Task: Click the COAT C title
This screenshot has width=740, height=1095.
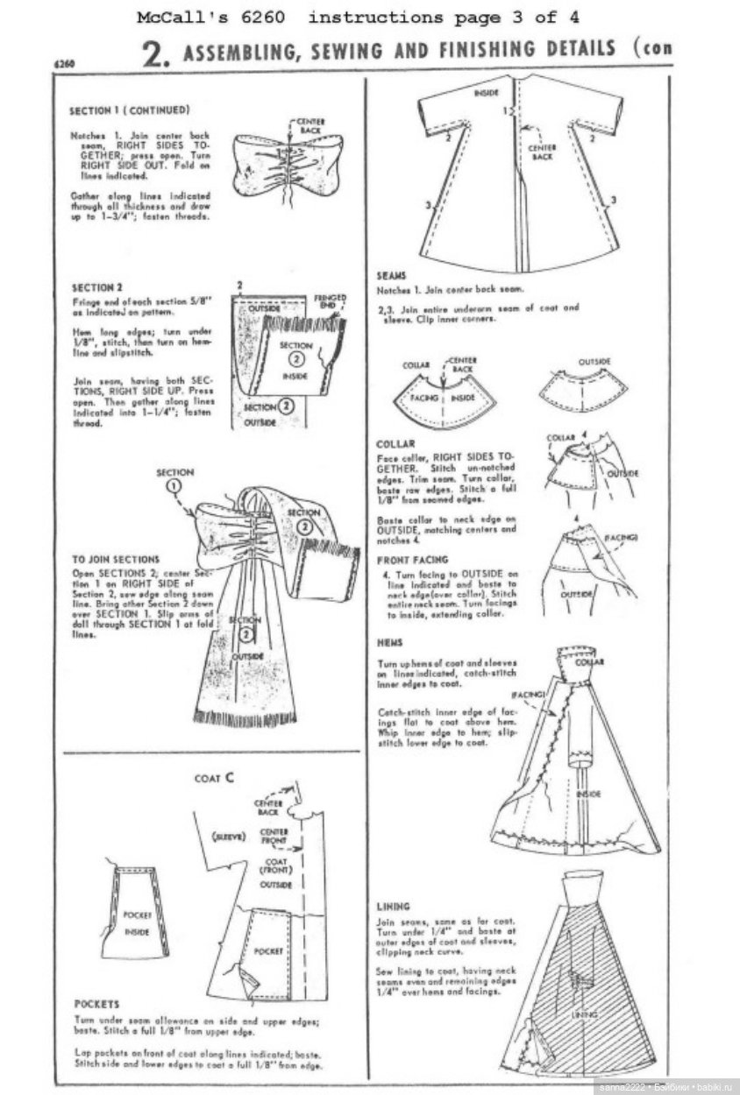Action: click(213, 777)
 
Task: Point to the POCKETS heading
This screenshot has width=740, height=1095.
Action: click(96, 1004)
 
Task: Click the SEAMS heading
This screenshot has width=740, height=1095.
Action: click(391, 275)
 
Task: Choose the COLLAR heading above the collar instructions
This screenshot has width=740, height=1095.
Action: click(396, 443)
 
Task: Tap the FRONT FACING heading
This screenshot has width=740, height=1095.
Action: click(412, 559)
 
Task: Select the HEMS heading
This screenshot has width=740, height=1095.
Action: click(390, 642)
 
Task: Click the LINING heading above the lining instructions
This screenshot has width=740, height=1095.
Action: click(393, 906)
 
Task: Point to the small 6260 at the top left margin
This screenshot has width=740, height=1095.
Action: click(62, 64)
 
